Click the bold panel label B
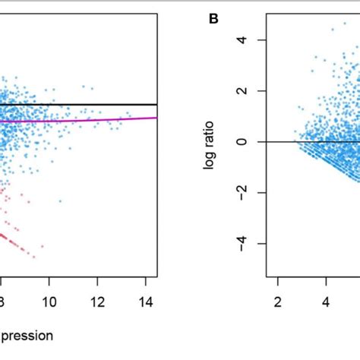point(213,18)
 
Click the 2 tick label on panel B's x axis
point(278,301)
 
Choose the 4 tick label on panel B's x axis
point(327,301)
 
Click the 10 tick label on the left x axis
point(49,301)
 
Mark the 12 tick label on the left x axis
point(97,301)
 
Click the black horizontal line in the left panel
point(114,104)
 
